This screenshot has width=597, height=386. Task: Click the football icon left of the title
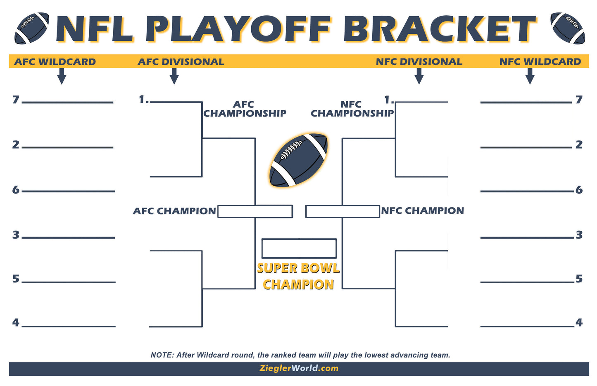pyautogui.click(x=31, y=28)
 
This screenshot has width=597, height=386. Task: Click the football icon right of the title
pyautogui.click(x=568, y=28)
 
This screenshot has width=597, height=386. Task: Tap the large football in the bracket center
pyautogui.click(x=298, y=160)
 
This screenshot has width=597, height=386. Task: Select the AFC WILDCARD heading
pyautogui.click(x=55, y=62)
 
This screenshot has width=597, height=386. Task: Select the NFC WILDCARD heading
pyautogui.click(x=540, y=62)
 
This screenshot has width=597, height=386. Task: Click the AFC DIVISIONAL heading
pyautogui.click(x=181, y=62)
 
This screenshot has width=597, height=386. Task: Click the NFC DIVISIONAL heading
pyautogui.click(x=419, y=62)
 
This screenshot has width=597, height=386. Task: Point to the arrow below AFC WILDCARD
pyautogui.click(x=62, y=76)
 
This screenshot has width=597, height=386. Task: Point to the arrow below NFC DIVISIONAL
pyautogui.click(x=419, y=76)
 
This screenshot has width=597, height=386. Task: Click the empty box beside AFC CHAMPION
pyautogui.click(x=255, y=211)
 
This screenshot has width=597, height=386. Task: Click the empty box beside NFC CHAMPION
pyautogui.click(x=343, y=211)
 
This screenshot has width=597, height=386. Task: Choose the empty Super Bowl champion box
pyautogui.click(x=299, y=249)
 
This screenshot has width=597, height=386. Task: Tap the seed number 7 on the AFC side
pyautogui.click(x=16, y=100)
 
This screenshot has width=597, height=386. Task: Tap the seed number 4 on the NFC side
pyautogui.click(x=579, y=322)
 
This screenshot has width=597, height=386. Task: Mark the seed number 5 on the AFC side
pyautogui.click(x=16, y=279)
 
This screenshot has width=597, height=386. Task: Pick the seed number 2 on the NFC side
pyautogui.click(x=579, y=144)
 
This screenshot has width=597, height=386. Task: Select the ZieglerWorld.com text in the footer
pyautogui.click(x=299, y=368)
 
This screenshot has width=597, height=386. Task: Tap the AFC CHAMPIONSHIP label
pyautogui.click(x=244, y=109)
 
